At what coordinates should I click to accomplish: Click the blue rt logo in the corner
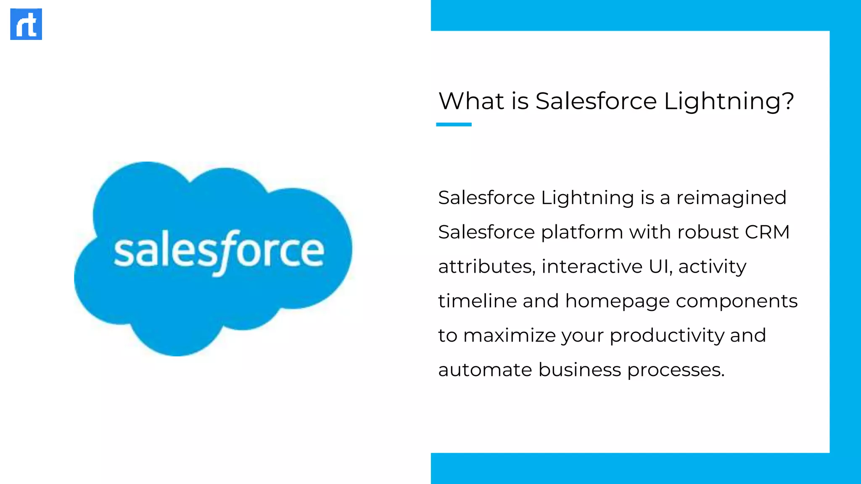pos(26,24)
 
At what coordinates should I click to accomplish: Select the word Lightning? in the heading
pos(729,102)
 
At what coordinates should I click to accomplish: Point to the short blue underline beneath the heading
pos(454,124)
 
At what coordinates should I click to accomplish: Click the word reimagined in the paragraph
pos(731,198)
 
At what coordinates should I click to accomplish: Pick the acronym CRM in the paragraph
pos(767,232)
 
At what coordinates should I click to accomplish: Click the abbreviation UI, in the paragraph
pos(660,267)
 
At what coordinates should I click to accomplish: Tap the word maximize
pos(510,336)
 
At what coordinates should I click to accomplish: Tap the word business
pos(579,370)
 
